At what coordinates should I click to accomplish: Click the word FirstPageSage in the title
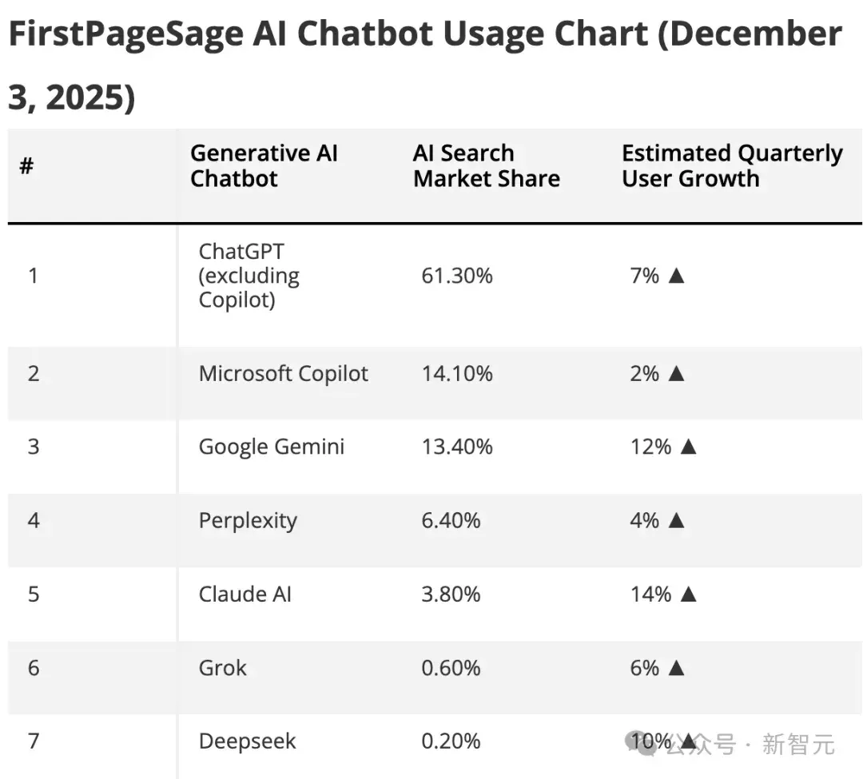click(x=126, y=34)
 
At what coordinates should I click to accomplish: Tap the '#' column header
click(x=26, y=165)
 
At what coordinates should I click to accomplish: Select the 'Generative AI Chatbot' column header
click(x=264, y=165)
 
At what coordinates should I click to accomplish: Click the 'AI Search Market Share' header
click(x=487, y=165)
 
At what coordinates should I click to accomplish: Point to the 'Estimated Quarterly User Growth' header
click(x=732, y=165)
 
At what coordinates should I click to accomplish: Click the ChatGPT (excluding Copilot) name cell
click(x=249, y=276)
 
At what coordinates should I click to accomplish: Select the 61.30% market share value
click(x=457, y=276)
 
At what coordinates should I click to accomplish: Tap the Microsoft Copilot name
click(x=284, y=374)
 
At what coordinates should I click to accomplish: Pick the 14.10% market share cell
click(x=457, y=374)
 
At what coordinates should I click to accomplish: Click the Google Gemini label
click(x=272, y=447)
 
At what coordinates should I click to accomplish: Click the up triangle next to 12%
click(x=689, y=446)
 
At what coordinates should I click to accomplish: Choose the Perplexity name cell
click(x=248, y=520)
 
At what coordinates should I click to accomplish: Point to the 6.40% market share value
click(x=451, y=520)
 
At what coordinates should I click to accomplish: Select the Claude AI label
click(x=245, y=594)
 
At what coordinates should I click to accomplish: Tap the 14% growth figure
click(x=650, y=594)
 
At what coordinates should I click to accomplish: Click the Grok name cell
click(x=222, y=668)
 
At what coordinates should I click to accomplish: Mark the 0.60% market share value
click(x=451, y=668)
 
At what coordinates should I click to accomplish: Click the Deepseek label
click(x=247, y=741)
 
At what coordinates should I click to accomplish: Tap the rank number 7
click(x=34, y=741)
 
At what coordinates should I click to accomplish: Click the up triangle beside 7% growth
click(x=677, y=275)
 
